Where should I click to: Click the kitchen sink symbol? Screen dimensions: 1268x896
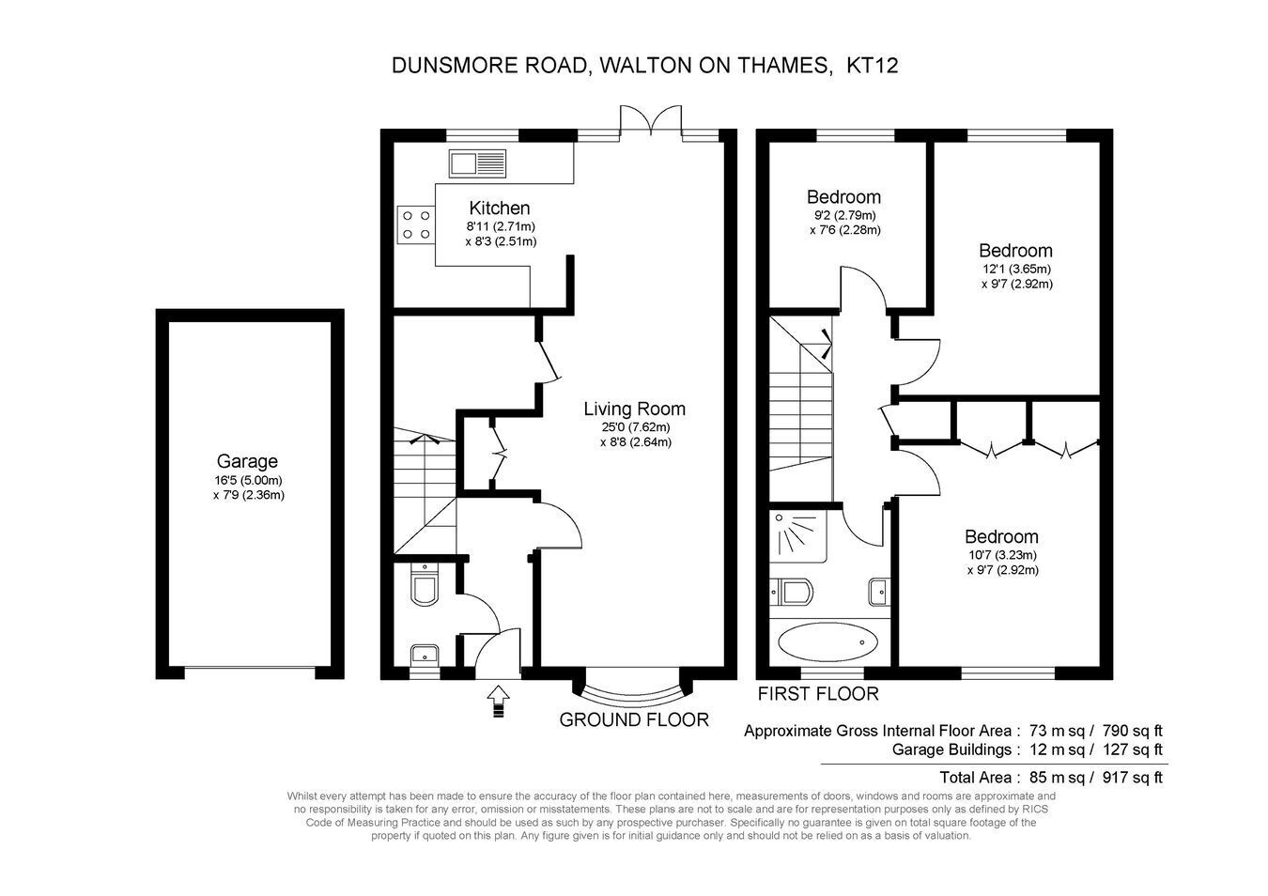[477, 163]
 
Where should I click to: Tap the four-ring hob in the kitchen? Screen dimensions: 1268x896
[416, 224]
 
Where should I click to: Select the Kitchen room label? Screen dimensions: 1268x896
[500, 208]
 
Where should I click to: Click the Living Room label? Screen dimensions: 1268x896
[635, 409]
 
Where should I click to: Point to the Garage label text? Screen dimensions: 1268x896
[247, 461]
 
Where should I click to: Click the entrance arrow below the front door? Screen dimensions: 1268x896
[498, 702]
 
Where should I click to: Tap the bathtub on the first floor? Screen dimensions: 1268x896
[828, 642]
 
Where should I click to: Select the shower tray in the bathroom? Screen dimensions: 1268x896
[798, 536]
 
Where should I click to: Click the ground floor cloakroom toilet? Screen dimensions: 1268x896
[425, 585]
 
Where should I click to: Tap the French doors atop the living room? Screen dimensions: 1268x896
[650, 120]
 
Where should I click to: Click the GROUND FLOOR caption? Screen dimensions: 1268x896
[634, 720]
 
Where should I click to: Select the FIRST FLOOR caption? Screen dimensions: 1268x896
[818, 693]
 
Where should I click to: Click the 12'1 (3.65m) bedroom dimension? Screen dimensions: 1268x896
[1016, 269]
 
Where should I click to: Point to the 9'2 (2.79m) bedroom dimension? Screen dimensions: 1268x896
[844, 215]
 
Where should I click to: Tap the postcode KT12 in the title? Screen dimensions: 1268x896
[873, 66]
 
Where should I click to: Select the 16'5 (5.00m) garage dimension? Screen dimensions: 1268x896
[248, 481]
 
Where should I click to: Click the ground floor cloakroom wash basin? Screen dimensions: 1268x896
[424, 653]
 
